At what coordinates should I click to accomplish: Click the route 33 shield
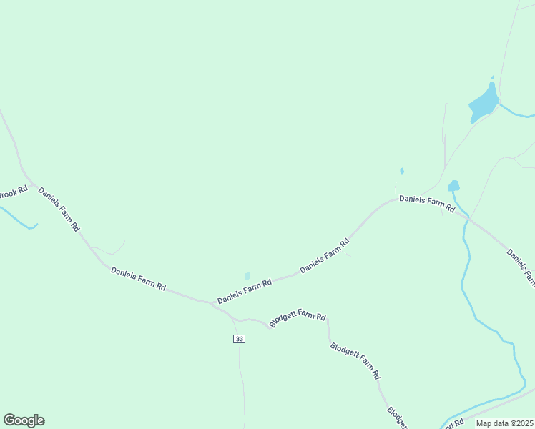tap(239, 338)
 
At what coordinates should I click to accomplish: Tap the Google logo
tap(24, 420)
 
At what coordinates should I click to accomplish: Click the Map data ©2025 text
tap(504, 423)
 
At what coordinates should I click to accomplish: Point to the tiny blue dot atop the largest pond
tap(492, 77)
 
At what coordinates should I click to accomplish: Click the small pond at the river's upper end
tap(453, 186)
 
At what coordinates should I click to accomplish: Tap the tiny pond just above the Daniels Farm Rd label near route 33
tap(247, 275)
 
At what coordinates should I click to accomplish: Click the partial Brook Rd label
tap(13, 193)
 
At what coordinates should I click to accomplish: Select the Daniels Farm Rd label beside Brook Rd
tap(59, 209)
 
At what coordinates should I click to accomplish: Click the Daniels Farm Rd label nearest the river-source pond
tap(427, 204)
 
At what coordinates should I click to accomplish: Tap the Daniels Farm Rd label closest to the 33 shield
tap(245, 292)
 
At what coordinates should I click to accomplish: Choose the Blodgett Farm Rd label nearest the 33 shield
tap(298, 320)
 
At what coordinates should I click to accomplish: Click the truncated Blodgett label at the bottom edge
tap(396, 418)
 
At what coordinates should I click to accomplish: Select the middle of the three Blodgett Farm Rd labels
tap(355, 361)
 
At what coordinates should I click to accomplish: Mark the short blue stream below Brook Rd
tap(17, 218)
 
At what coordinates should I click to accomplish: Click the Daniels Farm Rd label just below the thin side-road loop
tap(138, 278)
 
